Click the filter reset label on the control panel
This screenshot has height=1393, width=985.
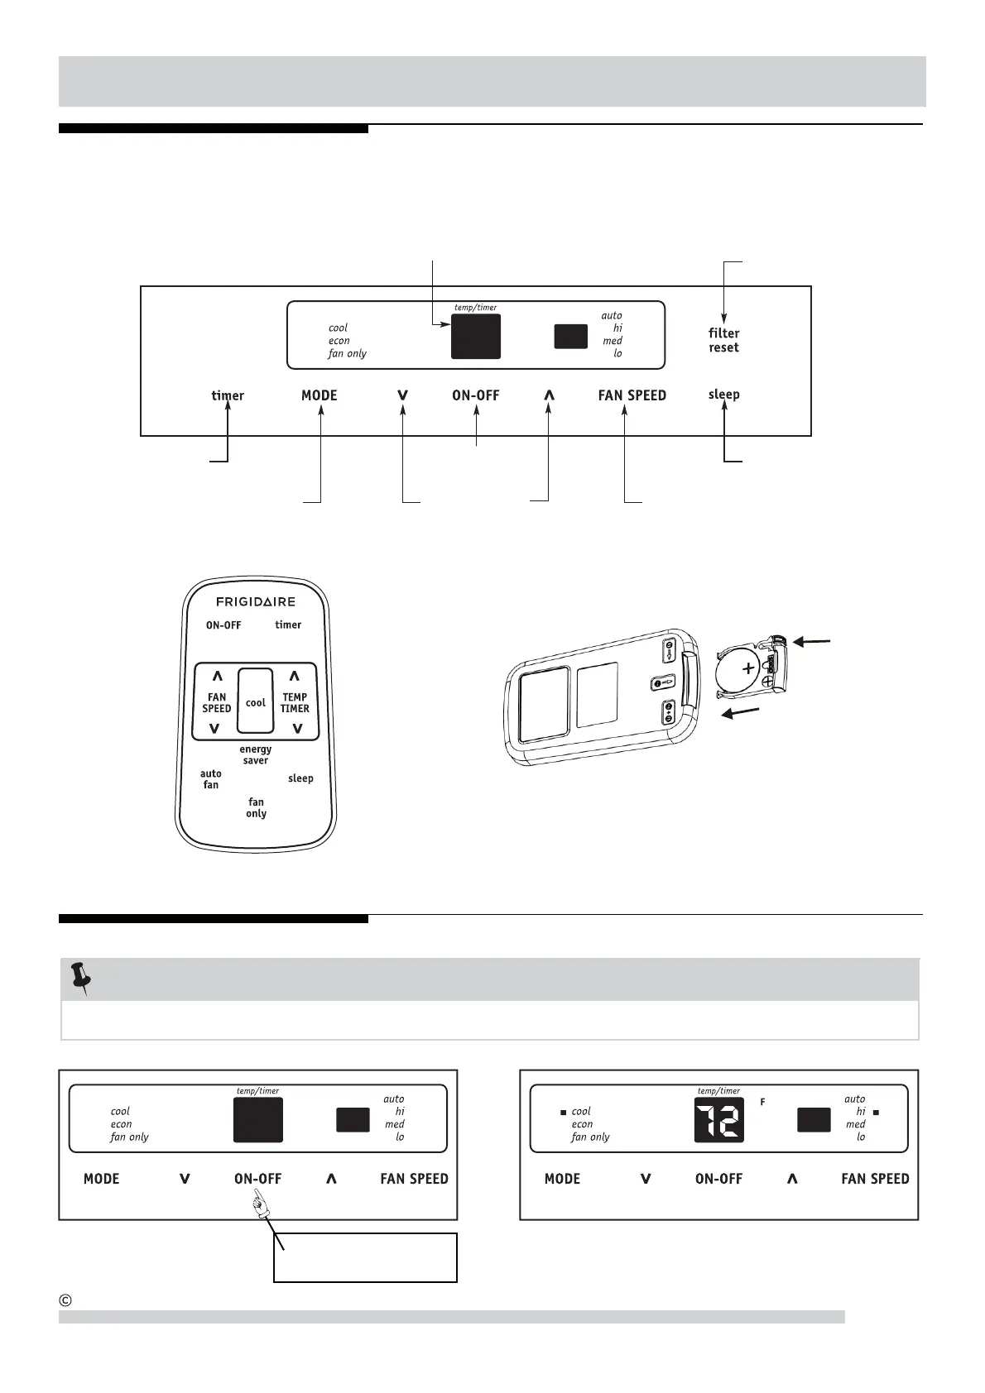(x=723, y=340)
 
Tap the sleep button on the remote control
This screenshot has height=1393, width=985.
(x=300, y=778)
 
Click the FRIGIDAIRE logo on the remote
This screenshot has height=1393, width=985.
(x=256, y=601)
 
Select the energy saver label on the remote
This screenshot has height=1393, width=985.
(x=256, y=754)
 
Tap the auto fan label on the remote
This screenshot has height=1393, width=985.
(x=211, y=779)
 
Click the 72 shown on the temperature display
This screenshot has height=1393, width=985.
(x=718, y=1120)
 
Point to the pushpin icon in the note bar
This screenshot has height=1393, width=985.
(x=81, y=978)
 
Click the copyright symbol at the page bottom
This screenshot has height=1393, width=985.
(x=66, y=1300)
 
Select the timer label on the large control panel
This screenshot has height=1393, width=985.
(x=228, y=395)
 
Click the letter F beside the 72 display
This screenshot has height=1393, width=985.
(x=762, y=1102)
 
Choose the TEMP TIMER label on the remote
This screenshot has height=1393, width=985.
(x=295, y=702)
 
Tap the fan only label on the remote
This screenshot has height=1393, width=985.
(x=256, y=807)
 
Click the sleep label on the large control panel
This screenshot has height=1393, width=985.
(x=723, y=395)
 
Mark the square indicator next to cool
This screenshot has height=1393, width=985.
(x=563, y=1112)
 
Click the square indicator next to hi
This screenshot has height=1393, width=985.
(x=876, y=1112)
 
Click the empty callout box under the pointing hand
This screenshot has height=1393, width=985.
(x=365, y=1257)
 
